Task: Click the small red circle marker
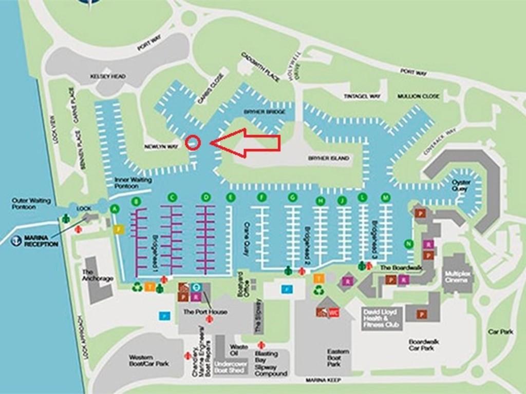(x=192, y=142)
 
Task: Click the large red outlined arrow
(x=247, y=143)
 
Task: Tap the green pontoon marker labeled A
(x=115, y=208)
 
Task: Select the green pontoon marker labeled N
(x=408, y=244)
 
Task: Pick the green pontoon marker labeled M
(x=386, y=198)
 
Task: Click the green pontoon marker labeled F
(x=262, y=198)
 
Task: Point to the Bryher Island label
(x=328, y=158)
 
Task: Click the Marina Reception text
(x=41, y=241)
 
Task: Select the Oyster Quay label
(x=461, y=185)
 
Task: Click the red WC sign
(x=334, y=312)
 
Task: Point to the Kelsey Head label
(x=108, y=76)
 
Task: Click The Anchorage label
(x=97, y=275)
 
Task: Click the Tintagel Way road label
(x=362, y=96)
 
